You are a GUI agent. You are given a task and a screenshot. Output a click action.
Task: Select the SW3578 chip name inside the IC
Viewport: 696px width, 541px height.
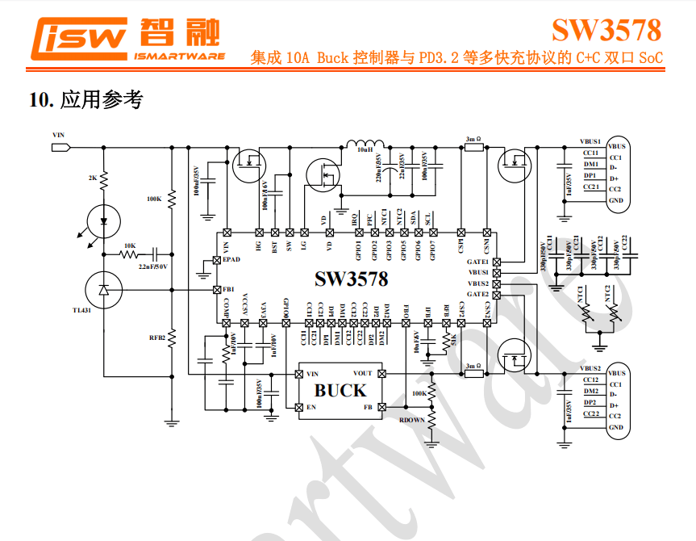click(351, 279)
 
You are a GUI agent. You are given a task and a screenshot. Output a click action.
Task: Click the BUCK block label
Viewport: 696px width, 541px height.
click(340, 391)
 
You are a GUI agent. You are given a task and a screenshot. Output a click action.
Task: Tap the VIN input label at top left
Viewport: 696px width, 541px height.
click(57, 135)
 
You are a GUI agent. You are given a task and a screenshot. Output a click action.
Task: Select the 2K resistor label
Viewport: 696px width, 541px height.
click(92, 177)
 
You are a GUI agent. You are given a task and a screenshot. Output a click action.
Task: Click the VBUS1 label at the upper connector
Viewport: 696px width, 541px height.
click(590, 140)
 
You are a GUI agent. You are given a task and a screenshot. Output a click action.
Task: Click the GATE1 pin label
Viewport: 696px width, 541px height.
click(477, 262)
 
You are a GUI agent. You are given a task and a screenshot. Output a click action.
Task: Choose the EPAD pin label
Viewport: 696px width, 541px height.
click(231, 260)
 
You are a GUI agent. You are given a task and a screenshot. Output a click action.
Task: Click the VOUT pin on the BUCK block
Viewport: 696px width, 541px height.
click(363, 374)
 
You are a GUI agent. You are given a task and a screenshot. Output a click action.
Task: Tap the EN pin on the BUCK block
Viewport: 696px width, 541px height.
click(310, 408)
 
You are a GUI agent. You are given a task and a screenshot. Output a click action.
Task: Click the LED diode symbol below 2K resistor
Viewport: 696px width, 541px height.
click(103, 219)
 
